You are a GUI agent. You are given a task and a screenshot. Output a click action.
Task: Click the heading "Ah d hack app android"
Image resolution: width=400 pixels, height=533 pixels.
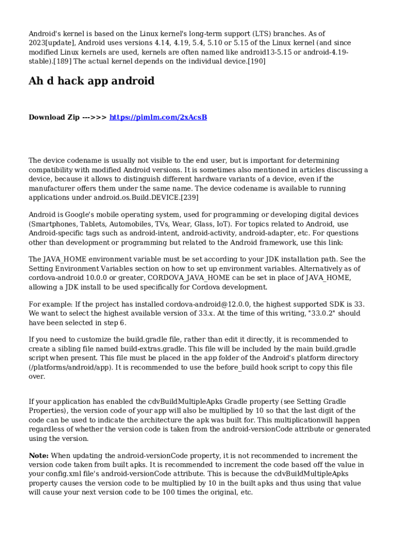click(x=91, y=81)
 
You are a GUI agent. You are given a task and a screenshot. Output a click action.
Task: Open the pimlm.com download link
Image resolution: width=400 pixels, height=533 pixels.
click(x=158, y=118)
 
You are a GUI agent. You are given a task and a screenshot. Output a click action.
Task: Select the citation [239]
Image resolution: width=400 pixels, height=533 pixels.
click(x=189, y=198)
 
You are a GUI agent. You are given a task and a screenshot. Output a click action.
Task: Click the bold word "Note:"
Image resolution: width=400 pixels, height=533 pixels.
click(x=39, y=455)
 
